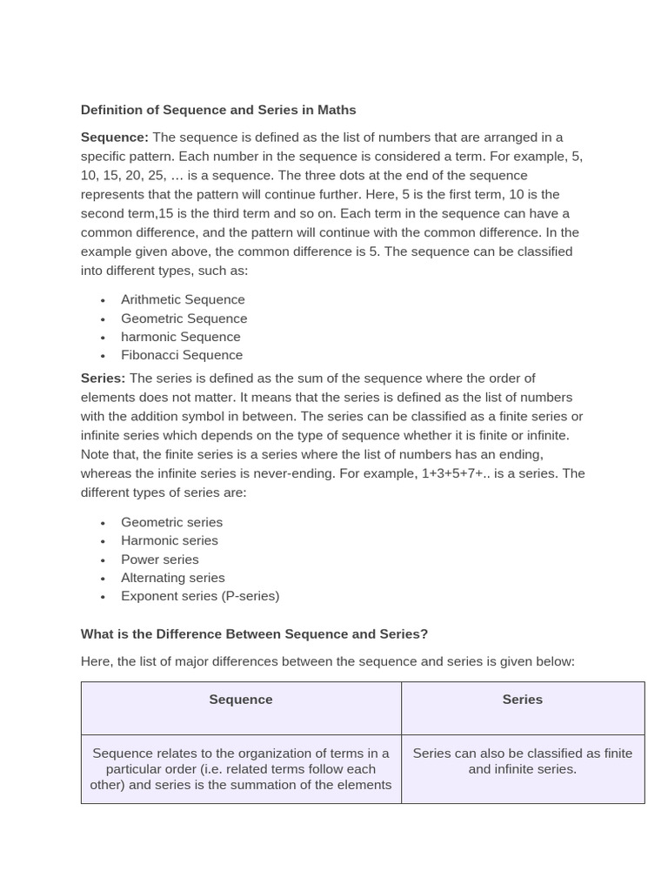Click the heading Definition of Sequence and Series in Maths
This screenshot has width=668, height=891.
[218, 110]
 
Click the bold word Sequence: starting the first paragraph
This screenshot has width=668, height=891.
[115, 137]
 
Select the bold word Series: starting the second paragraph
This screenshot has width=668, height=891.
[104, 378]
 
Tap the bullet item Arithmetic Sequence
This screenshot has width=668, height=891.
[183, 299]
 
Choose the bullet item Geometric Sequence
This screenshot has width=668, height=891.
[184, 318]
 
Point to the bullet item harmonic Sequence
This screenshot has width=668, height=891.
[180, 337]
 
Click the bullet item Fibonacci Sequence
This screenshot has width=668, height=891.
[182, 355]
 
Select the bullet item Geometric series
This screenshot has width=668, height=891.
[171, 522]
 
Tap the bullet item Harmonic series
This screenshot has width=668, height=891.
[170, 540]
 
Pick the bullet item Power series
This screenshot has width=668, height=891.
[160, 559]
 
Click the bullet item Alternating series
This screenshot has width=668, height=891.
[172, 578]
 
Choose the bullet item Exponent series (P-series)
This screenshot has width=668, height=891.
[200, 596]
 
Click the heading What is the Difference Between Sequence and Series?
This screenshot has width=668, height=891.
[254, 634]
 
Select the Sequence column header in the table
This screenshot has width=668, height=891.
[241, 700]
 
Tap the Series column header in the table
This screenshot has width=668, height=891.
[522, 700]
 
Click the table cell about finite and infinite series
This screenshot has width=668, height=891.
[522, 761]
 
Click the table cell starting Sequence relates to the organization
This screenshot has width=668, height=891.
[241, 769]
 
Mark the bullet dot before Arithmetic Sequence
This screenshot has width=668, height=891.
[103, 300]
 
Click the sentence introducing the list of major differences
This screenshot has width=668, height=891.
[327, 661]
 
